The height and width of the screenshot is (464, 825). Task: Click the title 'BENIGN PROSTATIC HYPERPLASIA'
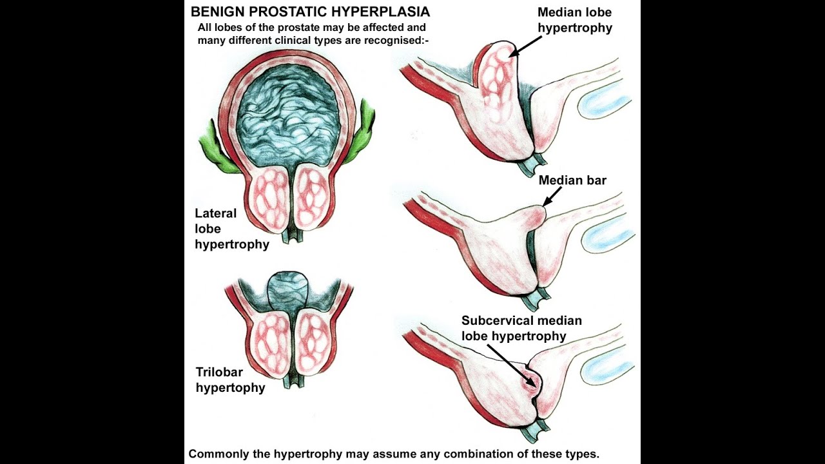[310, 12]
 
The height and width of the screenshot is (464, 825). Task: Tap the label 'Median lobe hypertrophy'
[574, 21]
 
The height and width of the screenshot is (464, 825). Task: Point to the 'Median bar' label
[572, 181]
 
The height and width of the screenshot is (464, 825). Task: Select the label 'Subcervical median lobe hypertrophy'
[521, 328]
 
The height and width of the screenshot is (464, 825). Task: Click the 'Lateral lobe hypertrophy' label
[231, 229]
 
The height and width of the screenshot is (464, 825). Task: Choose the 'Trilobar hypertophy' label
[230, 380]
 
